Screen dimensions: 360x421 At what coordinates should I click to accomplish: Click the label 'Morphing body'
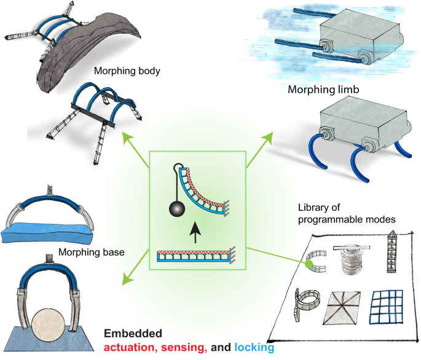127,71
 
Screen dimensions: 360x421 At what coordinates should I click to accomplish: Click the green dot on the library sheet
309,264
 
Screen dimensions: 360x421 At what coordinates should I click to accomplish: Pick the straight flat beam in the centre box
194,254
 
